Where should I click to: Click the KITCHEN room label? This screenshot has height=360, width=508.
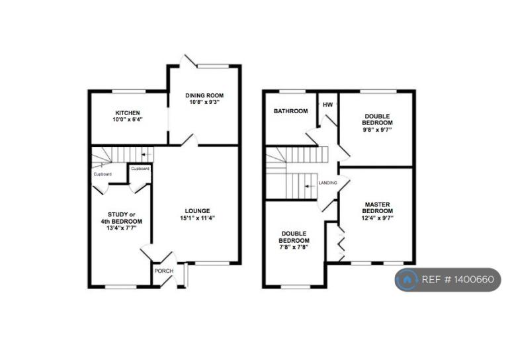click(128, 112)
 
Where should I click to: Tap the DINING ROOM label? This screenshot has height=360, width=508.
click(204, 95)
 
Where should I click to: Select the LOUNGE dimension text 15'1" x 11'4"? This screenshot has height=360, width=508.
click(198, 218)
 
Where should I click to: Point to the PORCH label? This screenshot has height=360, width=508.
click(164, 271)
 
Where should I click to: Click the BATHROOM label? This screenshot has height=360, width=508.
click(290, 111)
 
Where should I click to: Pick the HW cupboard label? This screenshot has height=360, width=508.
click(328, 105)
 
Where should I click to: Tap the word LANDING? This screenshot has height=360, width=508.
click(327, 183)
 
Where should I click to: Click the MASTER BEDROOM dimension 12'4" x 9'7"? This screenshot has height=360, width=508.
click(378, 218)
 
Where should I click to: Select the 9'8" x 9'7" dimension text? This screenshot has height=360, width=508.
click(377, 130)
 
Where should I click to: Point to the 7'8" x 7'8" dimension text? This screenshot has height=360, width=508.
click(294, 247)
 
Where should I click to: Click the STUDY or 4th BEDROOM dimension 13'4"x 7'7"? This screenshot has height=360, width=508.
click(122, 228)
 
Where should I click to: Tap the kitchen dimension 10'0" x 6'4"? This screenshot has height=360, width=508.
click(128, 119)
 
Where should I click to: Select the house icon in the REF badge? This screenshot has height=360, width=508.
click(407, 280)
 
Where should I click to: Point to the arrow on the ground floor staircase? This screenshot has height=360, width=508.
click(147, 155)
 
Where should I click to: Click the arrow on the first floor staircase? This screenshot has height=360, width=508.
click(310, 187)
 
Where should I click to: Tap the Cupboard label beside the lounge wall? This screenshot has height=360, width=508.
click(140, 169)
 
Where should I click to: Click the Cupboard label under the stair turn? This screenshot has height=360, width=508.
click(103, 174)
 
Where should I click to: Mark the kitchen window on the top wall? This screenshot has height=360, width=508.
click(129, 91)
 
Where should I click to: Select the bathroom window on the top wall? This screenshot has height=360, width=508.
click(292, 91)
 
